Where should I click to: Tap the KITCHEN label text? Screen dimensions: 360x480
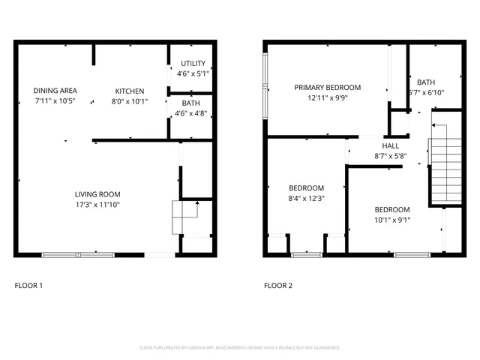click(130, 91)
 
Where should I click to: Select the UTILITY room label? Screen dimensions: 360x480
click(192, 64)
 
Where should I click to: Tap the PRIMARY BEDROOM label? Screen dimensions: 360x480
click(327, 88)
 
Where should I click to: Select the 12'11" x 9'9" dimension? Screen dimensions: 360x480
click(327, 97)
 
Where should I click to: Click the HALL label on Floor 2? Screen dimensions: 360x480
click(391, 146)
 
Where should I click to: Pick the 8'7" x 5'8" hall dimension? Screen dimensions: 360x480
click(391, 156)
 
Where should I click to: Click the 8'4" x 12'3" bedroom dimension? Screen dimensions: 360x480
click(306, 198)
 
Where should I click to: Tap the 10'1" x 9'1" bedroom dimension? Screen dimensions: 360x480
click(391, 220)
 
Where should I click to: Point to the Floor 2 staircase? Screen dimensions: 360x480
click(445, 169)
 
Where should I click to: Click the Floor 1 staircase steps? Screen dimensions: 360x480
click(185, 217)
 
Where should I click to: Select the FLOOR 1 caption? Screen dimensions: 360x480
click(29, 286)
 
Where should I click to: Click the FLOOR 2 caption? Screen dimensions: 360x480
click(278, 286)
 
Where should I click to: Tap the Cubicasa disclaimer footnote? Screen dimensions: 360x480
click(240, 347)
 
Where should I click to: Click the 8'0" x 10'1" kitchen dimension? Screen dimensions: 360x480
click(130, 100)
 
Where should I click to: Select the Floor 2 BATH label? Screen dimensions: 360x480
click(426, 82)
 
